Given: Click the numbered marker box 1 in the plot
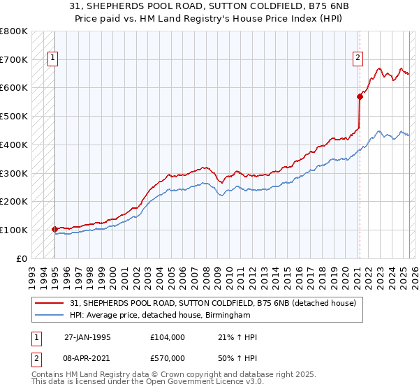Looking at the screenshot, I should (54, 59).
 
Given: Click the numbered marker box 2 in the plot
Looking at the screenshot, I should (358, 59).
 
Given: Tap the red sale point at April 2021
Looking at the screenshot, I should (360, 96).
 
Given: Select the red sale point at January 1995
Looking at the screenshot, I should (54, 228).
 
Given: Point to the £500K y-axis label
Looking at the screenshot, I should (14, 116).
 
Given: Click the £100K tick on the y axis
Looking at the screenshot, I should (14, 230).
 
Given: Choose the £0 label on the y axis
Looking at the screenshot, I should (21, 258).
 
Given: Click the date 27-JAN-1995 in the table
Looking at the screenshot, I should (87, 337).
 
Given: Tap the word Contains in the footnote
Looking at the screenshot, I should (47, 375).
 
